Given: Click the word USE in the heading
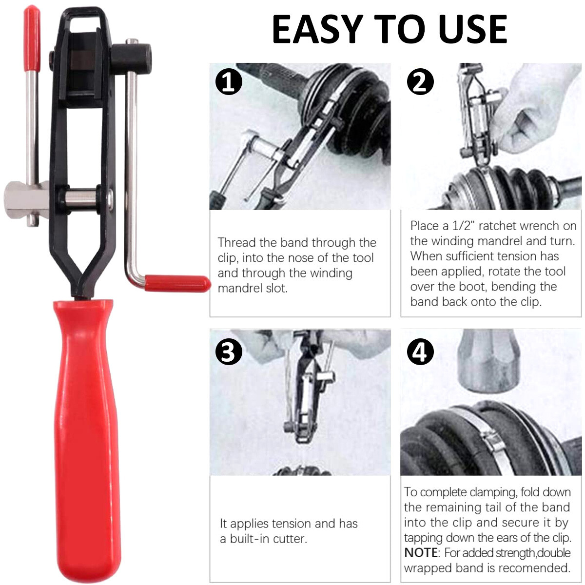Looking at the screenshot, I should point(472,29).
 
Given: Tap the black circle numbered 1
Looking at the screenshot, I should point(229,81).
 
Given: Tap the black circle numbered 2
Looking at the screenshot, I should point(420,81).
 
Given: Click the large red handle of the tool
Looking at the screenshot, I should point(87,439).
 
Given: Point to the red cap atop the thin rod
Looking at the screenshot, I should point(32,37).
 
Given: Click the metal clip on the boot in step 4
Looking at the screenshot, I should point(493,441).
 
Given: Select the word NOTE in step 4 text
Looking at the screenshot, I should point(421,553).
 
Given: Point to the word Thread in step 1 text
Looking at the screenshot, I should point(236,242).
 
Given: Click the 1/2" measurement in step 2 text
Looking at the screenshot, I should point(461,226).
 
